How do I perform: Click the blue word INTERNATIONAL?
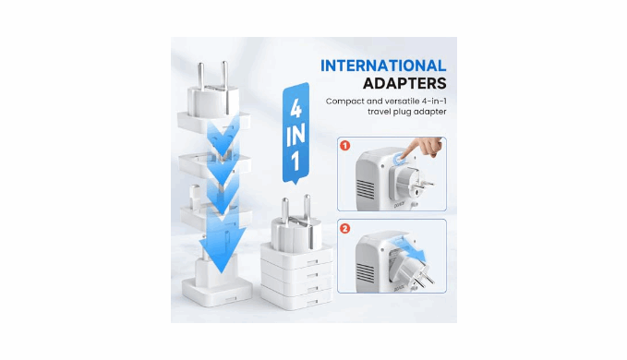coord(383,66)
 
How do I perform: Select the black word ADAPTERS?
coord(404,83)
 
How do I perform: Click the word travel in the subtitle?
coord(380,112)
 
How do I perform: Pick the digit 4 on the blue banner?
coord(295,109)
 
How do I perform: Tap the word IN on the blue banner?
coord(295,135)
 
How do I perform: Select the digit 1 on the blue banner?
coord(295,162)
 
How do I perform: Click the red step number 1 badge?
coord(344,145)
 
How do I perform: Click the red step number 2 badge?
coord(344,229)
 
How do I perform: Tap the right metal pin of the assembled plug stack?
coord(307,209)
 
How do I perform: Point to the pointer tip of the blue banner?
coord(295,184)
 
